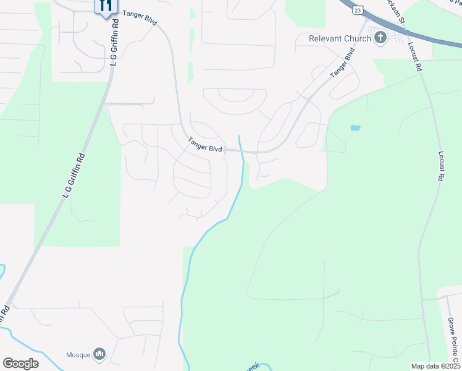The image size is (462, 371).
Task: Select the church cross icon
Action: pos(380,38)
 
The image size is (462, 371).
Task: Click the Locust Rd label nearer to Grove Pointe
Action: pos(440,166)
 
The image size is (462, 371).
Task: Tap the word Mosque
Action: pos(78,355)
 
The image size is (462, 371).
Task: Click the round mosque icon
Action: pos(99,354)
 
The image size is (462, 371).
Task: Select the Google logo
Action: pos(20,364)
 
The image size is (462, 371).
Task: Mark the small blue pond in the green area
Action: pos(355,128)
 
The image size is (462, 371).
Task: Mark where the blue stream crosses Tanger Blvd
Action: pos(241,150)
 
